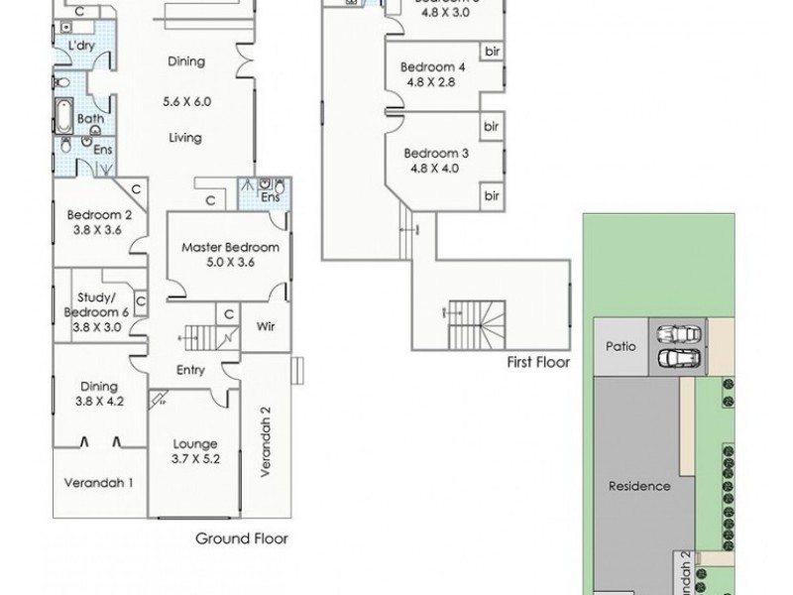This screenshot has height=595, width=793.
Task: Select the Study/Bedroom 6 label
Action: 98,307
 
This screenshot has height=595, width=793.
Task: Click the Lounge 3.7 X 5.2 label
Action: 195,451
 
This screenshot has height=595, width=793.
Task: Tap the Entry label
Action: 190,370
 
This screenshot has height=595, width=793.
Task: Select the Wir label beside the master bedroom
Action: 265,324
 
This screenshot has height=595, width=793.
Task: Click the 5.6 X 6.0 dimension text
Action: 187,101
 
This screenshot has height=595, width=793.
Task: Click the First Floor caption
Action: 538,363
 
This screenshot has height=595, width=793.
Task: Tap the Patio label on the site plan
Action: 620,346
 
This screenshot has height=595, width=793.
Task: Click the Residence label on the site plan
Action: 639,486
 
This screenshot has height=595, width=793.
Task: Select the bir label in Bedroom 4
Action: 490,52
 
